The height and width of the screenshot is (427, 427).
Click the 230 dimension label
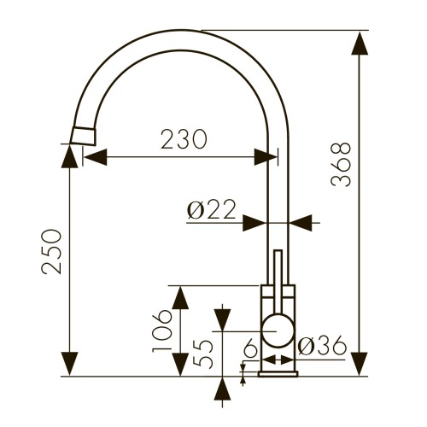(184, 139)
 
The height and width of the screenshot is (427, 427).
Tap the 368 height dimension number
(341, 165)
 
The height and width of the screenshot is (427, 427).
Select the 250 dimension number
(51, 252)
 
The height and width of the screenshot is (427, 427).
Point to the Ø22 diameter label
(212, 209)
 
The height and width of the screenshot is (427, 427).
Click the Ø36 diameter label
(322, 345)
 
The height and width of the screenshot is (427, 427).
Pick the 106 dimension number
(162, 330)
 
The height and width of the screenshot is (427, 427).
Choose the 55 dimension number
(202, 354)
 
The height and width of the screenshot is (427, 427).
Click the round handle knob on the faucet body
(278, 330)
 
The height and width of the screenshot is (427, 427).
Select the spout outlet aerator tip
(83, 136)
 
